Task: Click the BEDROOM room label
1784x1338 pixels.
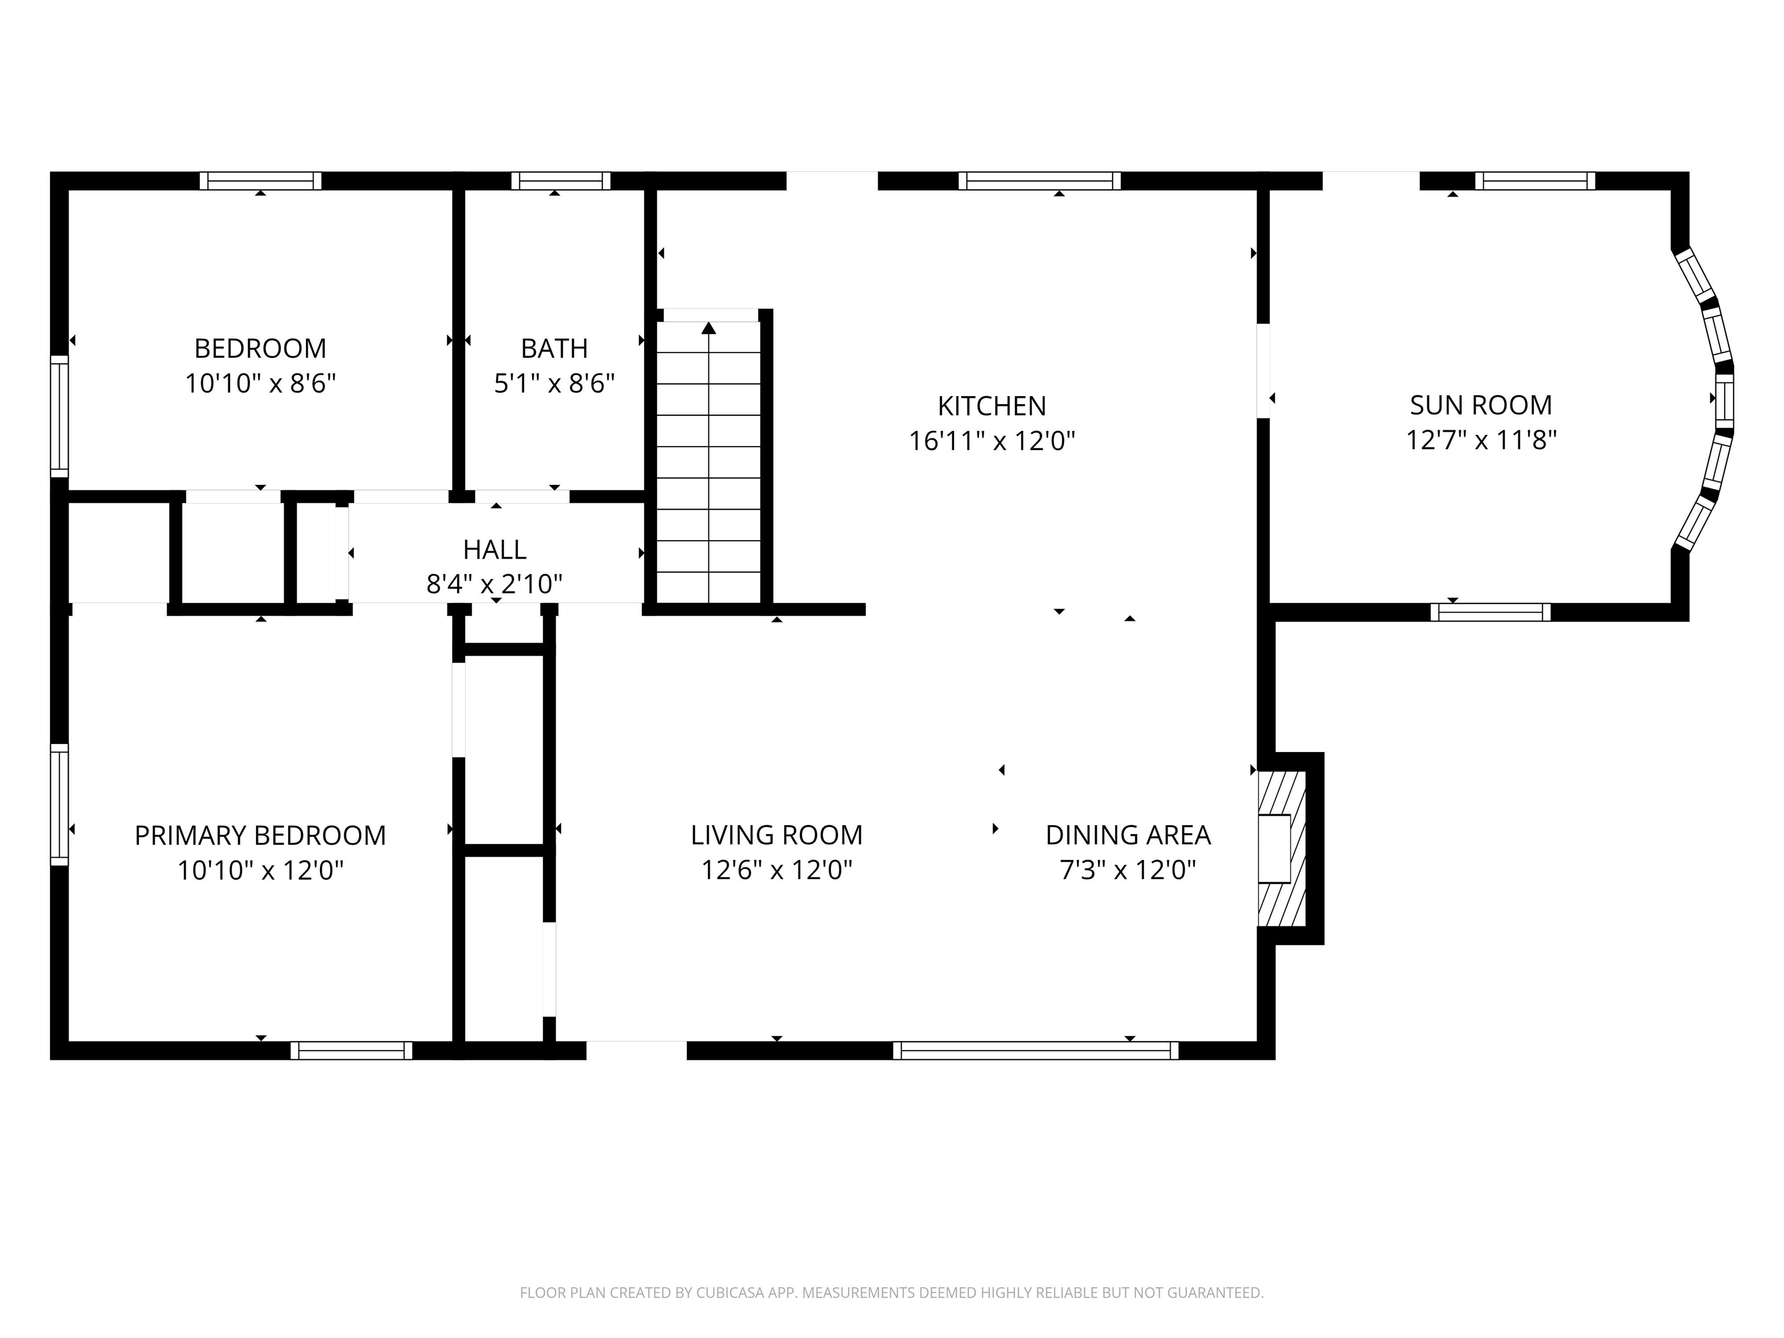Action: click(x=261, y=348)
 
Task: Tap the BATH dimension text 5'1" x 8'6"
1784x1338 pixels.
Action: click(x=555, y=383)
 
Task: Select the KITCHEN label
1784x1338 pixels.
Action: click(x=992, y=406)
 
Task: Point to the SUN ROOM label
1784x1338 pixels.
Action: click(x=1481, y=405)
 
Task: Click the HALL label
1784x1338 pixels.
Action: click(x=494, y=550)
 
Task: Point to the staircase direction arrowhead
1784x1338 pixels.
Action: click(x=709, y=328)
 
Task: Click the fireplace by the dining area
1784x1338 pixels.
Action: click(x=1282, y=848)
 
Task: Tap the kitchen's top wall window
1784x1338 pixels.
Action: click(x=1040, y=181)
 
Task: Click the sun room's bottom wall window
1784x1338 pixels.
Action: click(x=1490, y=612)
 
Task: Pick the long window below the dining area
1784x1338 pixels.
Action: click(x=1035, y=1050)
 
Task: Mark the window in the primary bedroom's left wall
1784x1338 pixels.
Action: click(x=60, y=804)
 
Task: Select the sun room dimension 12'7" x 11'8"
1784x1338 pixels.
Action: click(x=1481, y=440)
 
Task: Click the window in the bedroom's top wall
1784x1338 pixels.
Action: click(x=261, y=181)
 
